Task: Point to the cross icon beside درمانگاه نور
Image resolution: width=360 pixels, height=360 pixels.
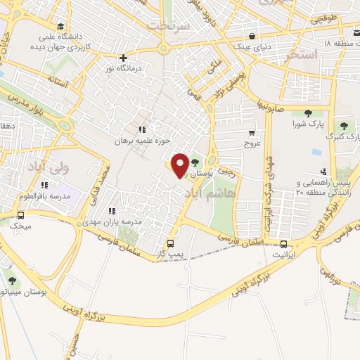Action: coord(124,58)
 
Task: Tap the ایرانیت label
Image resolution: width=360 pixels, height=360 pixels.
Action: coord(284,256)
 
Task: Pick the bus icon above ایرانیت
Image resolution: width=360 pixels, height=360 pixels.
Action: coord(284,245)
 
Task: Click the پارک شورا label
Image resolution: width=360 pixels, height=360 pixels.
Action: coord(307,124)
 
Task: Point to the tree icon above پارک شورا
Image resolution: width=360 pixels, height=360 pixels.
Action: coord(307,112)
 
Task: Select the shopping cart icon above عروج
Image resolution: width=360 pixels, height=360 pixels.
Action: coord(252,131)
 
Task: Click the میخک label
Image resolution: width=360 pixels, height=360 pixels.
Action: coord(21,226)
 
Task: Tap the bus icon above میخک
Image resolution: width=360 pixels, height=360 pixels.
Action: coord(20,215)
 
